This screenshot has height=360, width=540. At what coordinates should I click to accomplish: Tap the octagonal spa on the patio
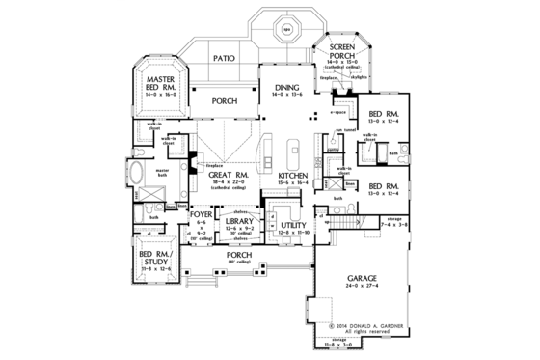pos(286,28)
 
